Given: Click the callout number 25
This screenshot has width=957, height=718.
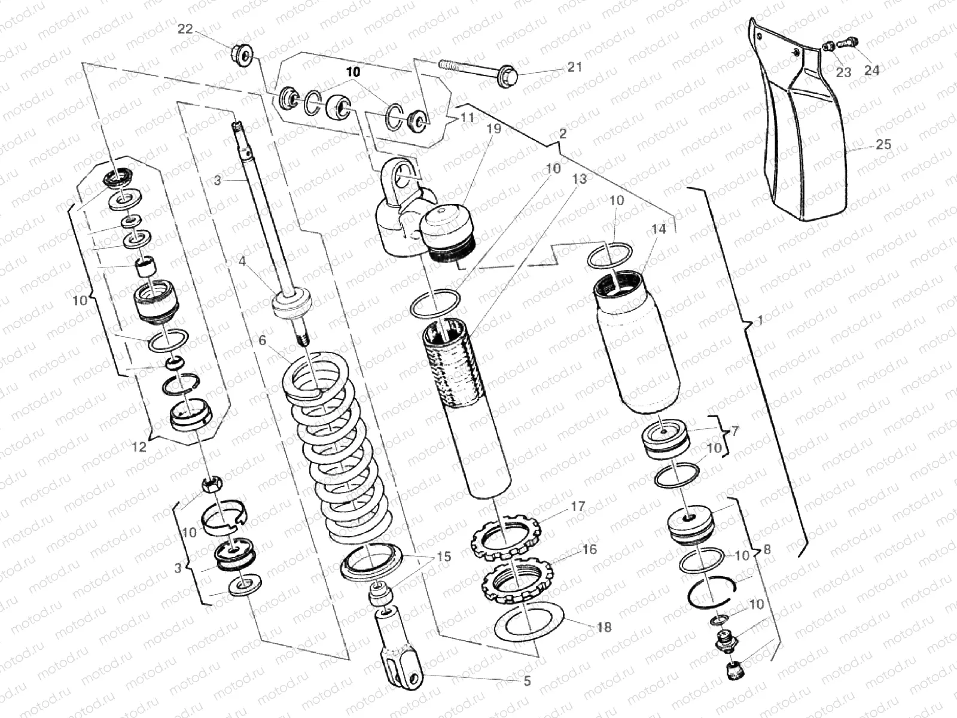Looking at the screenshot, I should pyautogui.click(x=883, y=144).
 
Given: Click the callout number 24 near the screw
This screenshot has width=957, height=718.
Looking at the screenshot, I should pyautogui.click(x=871, y=71).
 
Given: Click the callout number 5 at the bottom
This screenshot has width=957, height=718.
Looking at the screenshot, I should pyautogui.click(x=527, y=681).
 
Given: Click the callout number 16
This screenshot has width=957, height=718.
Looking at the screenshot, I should pyautogui.click(x=590, y=549).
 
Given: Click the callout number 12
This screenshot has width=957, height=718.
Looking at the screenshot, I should pyautogui.click(x=139, y=446).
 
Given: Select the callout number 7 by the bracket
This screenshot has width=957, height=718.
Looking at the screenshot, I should pyautogui.click(x=734, y=431).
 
